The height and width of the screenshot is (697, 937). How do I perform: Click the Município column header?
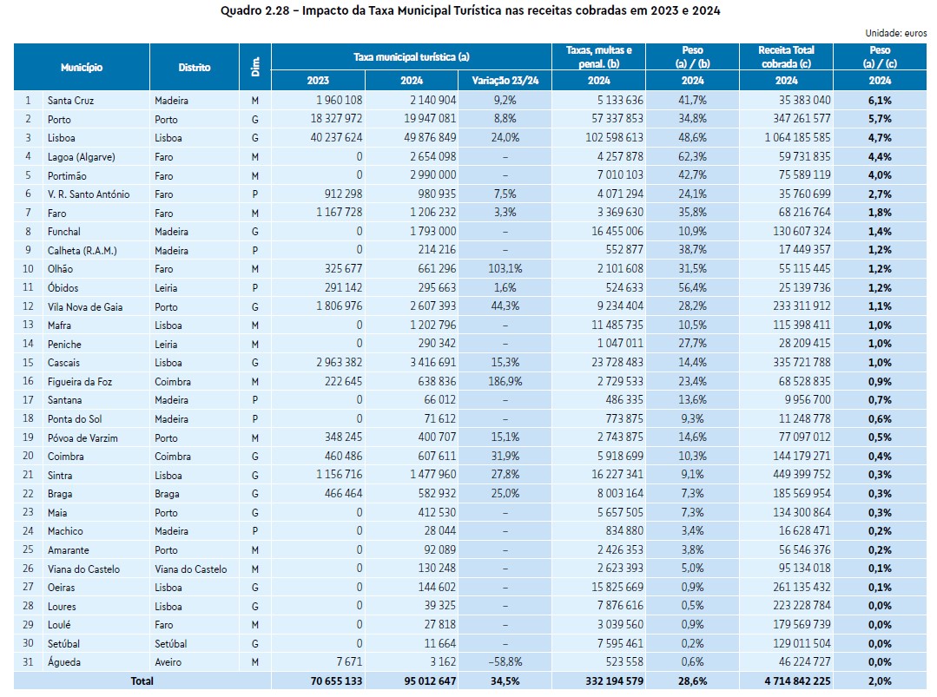tap(82, 67)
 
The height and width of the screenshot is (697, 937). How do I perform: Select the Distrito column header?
tap(195, 67)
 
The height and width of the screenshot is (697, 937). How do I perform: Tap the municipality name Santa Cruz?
tap(71, 101)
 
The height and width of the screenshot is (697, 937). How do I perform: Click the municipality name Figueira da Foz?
tap(80, 381)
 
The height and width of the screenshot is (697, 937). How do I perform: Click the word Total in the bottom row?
tap(142, 681)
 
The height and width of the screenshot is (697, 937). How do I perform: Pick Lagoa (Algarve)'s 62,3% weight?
tap(692, 157)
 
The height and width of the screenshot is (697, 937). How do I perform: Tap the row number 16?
tap(29, 381)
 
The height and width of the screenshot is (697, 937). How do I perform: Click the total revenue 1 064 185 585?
tap(786, 138)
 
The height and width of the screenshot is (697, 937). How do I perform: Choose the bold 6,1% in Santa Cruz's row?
tap(881, 101)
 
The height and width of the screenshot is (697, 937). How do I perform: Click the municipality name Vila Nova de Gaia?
tap(85, 306)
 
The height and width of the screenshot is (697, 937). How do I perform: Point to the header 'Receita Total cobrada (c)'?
tap(786, 56)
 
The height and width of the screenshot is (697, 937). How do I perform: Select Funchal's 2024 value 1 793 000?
tap(431, 232)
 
